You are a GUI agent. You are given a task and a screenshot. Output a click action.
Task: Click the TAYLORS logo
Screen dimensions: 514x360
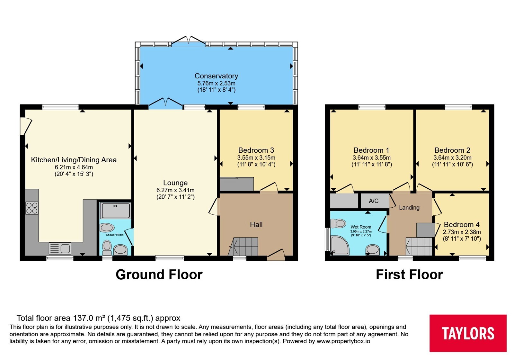pyautogui.click(x=468, y=333)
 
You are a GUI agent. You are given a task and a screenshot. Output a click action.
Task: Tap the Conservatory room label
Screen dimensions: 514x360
pyautogui.click(x=217, y=76)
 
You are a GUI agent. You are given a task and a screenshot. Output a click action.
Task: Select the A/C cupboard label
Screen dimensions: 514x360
pyautogui.click(x=374, y=201)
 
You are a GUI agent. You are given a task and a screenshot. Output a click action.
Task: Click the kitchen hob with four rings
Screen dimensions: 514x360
pyautogui.click(x=32, y=208)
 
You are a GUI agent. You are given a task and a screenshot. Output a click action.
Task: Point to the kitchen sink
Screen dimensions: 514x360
pyautogui.click(x=60, y=248)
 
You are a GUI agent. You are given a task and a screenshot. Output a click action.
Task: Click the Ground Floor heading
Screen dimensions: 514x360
pyautogui.click(x=159, y=274)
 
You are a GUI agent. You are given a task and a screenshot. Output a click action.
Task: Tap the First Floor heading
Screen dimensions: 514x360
pyautogui.click(x=409, y=274)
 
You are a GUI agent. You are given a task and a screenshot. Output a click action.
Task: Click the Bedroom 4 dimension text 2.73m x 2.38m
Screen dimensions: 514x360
pyautogui.click(x=462, y=232)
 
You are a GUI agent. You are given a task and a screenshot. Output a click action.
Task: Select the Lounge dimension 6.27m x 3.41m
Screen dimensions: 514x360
pyautogui.click(x=175, y=190)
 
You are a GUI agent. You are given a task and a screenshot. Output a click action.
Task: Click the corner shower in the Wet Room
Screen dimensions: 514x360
pyautogui.click(x=340, y=246)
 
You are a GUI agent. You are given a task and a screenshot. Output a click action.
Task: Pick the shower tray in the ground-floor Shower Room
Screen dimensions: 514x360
pyautogui.click(x=115, y=211)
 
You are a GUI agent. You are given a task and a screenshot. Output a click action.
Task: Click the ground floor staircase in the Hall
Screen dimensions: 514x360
pyautogui.click(x=243, y=246)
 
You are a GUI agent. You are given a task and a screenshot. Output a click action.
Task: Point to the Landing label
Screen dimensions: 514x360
pyautogui.click(x=409, y=208)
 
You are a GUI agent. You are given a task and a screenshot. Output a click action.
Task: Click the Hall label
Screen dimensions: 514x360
pyautogui.click(x=256, y=224)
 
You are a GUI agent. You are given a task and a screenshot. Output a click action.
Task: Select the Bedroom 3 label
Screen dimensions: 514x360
pyautogui.click(x=256, y=150)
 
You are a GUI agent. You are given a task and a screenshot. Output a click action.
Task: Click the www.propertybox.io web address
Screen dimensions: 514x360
pyautogui.click(x=343, y=341)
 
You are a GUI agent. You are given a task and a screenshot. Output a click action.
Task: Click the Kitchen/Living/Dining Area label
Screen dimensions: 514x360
pyautogui.click(x=74, y=160)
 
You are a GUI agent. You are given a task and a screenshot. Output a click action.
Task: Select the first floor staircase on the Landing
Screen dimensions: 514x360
pyautogui.click(x=419, y=246)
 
